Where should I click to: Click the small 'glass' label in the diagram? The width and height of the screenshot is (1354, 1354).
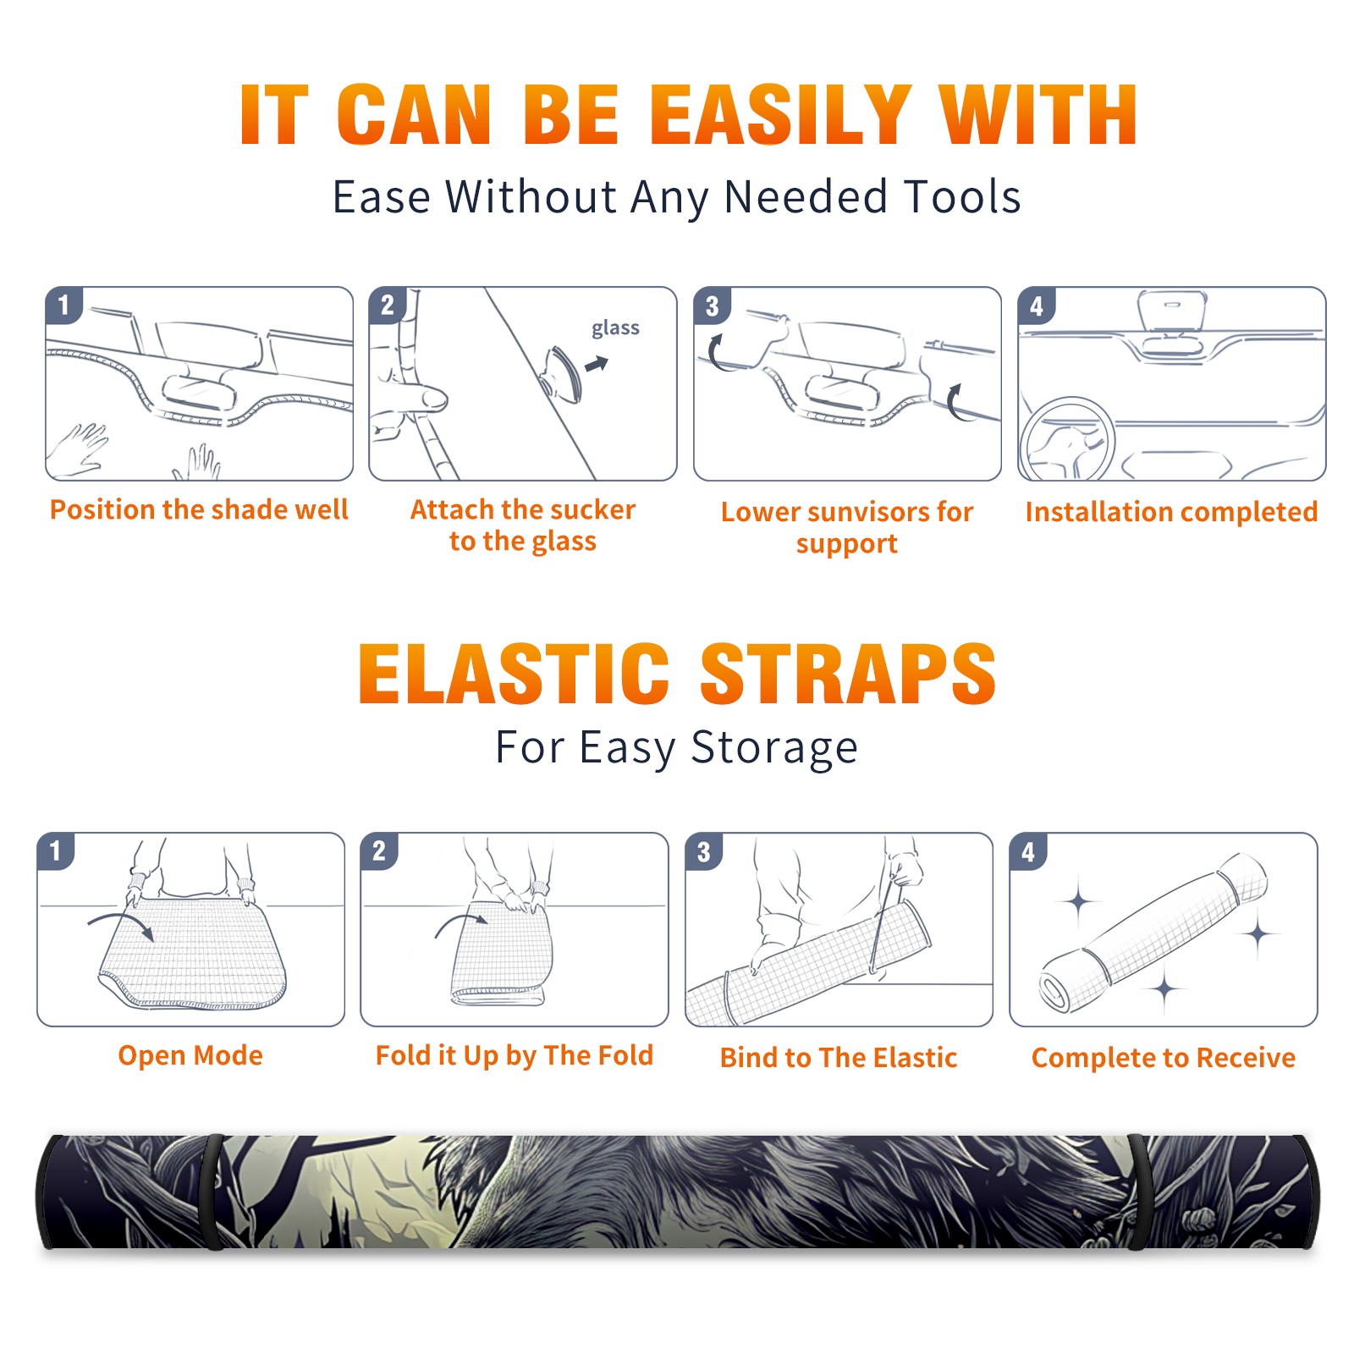pos(615,328)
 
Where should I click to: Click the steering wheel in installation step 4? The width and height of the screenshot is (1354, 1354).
pos(1067,439)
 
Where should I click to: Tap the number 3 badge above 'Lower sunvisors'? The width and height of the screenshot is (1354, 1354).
pos(712,305)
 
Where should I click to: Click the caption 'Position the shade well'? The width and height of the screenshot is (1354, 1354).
pos(199,509)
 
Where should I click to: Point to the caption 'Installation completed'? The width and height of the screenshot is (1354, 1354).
pos(1171,512)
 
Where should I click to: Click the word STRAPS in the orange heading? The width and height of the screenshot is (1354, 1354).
pos(848,674)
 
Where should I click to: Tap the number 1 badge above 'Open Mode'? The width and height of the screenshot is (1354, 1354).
pos(56,850)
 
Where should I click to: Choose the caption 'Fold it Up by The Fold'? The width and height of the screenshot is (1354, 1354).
pos(515,1055)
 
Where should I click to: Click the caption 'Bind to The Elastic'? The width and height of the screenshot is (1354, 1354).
pos(839,1058)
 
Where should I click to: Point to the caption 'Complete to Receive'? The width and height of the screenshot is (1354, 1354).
pos(1164,1058)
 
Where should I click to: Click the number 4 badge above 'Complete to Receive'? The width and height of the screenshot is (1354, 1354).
pos(1028,851)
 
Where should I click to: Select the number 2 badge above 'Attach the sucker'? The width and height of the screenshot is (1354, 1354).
pos(388,305)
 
